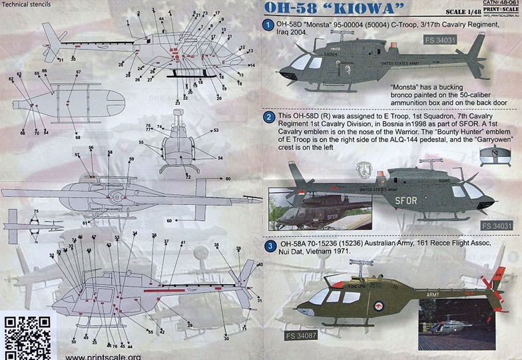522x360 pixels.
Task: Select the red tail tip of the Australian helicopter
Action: pyautogui.click(x=498, y=273)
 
